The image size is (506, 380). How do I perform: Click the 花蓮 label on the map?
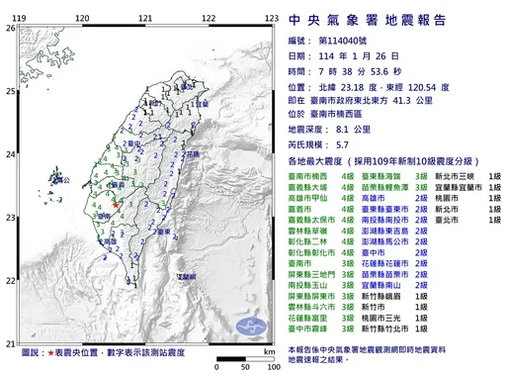(193, 156)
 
